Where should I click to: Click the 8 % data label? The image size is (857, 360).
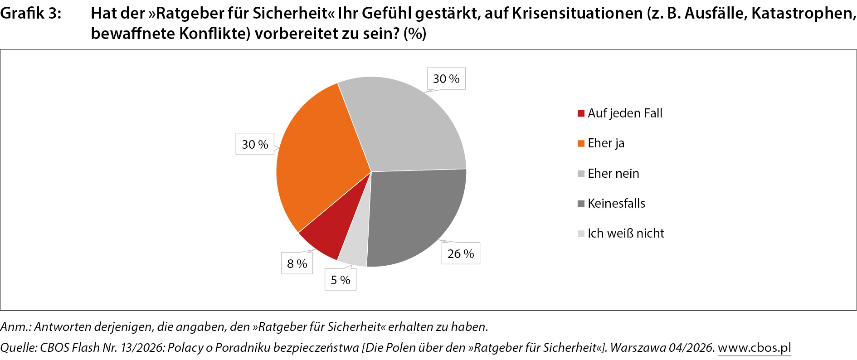pos(297,263)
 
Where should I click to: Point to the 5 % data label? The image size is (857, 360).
pos(341,280)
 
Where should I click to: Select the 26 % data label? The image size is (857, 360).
pos(461,253)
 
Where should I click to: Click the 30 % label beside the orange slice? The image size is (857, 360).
pos(255,144)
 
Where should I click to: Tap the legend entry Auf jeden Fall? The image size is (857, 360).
pos(625,113)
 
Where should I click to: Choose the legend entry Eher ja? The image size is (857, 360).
pos(606,143)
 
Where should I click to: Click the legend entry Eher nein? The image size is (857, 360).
pos(613,173)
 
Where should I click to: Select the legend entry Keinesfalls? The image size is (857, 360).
pos(616,203)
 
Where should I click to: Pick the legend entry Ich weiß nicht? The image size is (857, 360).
pos(626,233)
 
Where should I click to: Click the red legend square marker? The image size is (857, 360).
pos(581,113)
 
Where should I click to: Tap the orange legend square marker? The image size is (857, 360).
pos(581,144)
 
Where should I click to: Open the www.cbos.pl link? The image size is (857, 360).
pos(754,347)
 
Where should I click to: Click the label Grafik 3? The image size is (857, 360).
pos(30,13)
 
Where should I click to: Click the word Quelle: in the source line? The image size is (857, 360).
pos(19,347)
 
